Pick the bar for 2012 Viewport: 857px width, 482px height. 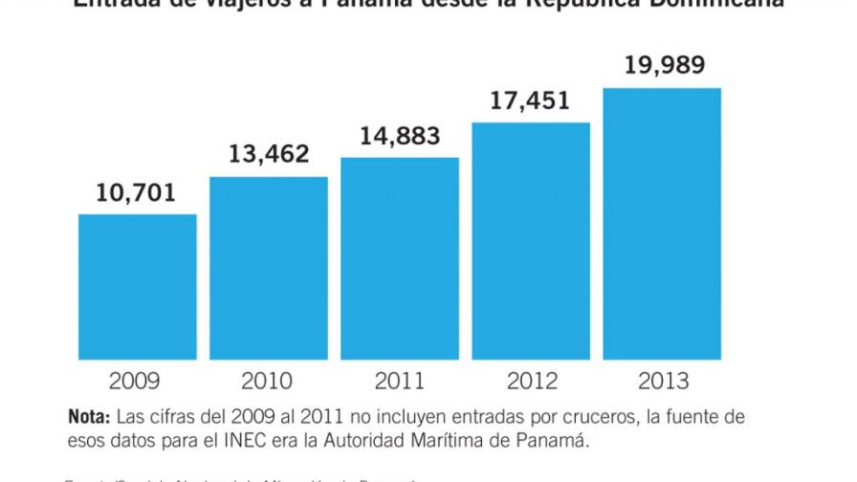coord(531,241)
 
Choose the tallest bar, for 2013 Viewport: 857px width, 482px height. coord(662,224)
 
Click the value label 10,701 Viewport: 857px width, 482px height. coord(137,193)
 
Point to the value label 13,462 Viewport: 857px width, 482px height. coord(269,153)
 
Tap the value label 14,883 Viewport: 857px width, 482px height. coord(400,136)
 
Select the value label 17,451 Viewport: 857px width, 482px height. coord(531,101)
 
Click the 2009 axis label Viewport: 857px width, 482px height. coord(137,382)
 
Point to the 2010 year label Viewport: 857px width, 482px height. coord(269,382)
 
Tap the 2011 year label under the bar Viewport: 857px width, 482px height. coord(400,382)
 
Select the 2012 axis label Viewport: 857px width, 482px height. coord(531,382)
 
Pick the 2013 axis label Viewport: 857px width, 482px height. coord(662,382)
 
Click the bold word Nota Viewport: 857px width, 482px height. coord(88,418)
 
